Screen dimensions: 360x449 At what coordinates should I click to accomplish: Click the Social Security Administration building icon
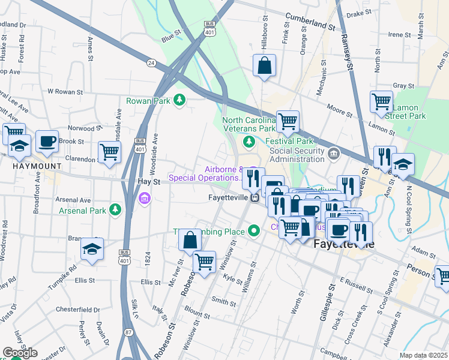point(334,155)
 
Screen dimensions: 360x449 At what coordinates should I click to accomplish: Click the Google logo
point(19,352)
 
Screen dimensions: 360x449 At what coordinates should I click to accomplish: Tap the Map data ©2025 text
point(423,355)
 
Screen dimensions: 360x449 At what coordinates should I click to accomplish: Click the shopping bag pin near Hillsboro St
point(264,65)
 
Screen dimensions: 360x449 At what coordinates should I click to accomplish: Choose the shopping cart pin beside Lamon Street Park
point(382,103)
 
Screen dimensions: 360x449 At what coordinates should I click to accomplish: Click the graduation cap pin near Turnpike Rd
point(92,250)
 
